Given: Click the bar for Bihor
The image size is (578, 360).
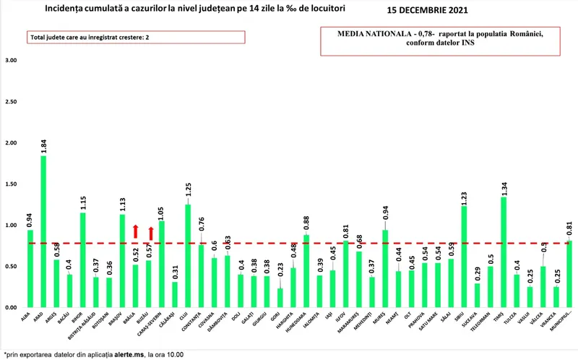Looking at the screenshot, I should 83,260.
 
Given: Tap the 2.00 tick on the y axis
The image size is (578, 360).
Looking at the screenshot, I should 11,143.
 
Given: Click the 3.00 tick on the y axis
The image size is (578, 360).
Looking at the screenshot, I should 11,61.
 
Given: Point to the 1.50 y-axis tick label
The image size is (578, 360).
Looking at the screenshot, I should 11,184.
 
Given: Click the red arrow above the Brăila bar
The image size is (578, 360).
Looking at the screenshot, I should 135,232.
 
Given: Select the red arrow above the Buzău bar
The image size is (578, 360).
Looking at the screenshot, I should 151,233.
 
